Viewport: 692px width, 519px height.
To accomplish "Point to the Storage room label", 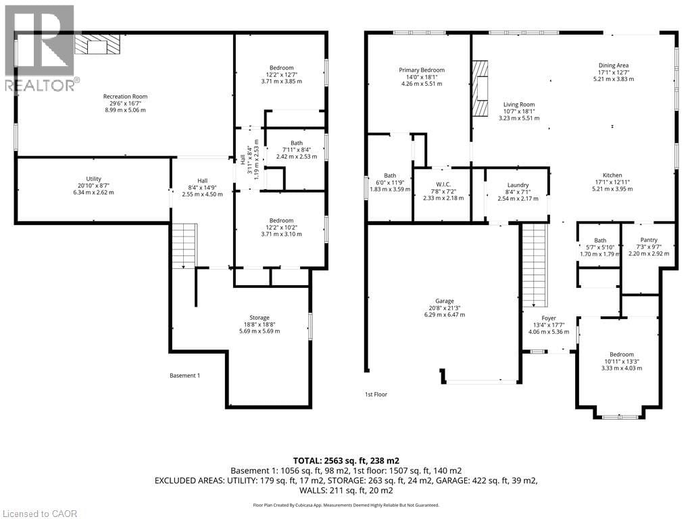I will (259, 318).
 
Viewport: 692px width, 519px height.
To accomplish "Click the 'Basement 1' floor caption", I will (184, 376).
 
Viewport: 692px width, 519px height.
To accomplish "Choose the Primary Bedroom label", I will (422, 70).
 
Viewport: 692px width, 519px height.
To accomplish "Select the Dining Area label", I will (614, 66).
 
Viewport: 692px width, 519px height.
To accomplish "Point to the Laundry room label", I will (518, 185).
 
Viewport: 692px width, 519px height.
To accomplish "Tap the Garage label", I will (445, 301).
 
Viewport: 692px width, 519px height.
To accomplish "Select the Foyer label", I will (549, 318).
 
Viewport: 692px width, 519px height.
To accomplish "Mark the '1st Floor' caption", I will (376, 394).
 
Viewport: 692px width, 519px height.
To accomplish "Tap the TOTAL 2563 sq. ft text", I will (345, 459).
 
